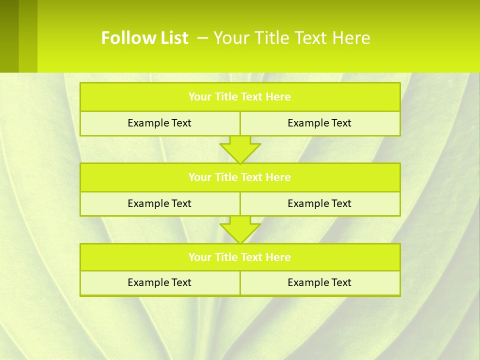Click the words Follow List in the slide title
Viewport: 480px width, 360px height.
coord(144,38)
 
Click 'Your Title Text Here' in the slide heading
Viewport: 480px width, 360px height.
coord(291,38)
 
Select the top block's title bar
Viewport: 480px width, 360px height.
coord(240,97)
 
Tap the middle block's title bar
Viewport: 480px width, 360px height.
coord(240,177)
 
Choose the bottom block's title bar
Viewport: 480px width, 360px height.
coord(240,257)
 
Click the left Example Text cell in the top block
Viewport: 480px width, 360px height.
coord(159,123)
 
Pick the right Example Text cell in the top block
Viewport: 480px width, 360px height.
coord(319,123)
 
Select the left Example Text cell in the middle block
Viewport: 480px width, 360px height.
coord(159,203)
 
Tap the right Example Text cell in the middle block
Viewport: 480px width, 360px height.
coord(319,203)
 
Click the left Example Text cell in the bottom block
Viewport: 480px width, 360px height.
coord(159,282)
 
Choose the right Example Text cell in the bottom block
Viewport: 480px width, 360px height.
coord(319,282)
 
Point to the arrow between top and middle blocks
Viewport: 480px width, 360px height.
coord(240,149)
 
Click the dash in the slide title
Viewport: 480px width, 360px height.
coord(203,38)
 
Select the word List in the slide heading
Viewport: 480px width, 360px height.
coord(172,38)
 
